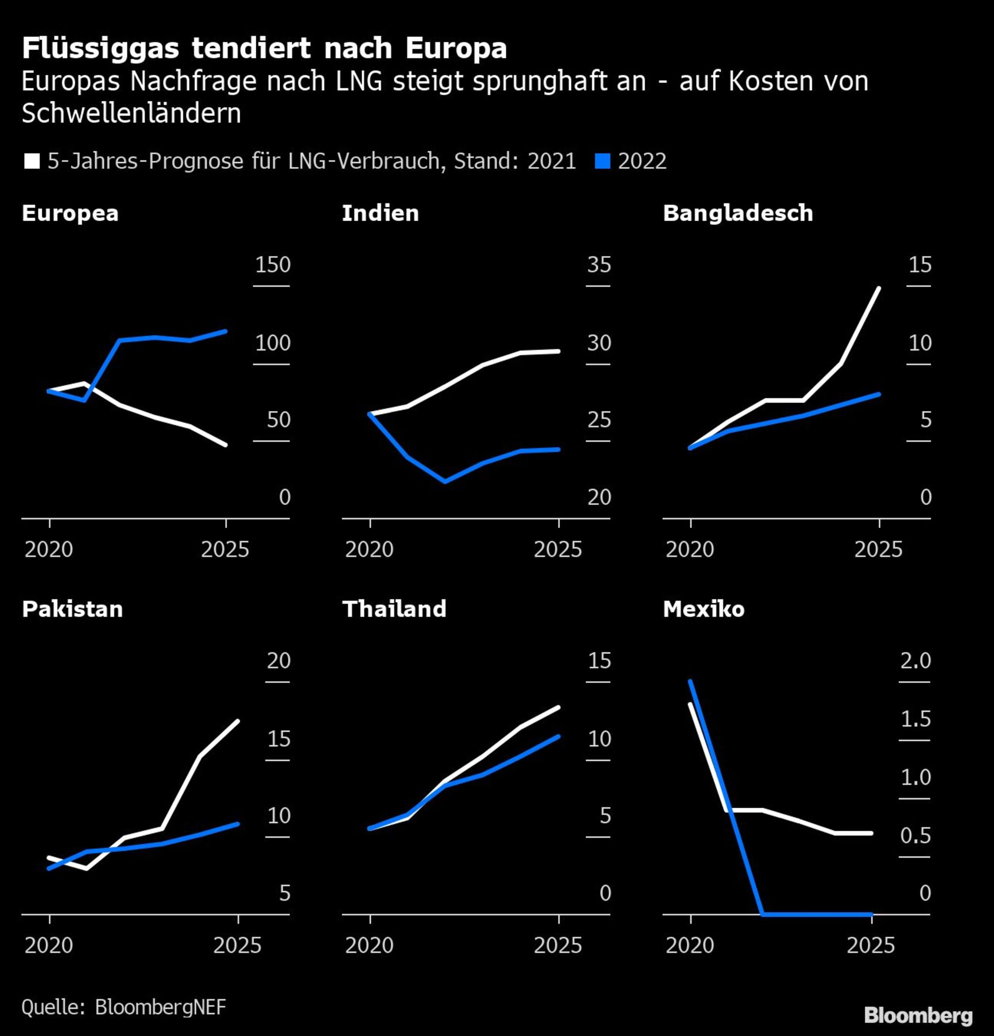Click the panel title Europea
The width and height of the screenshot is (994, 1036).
[70, 214]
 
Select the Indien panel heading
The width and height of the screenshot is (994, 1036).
[381, 214]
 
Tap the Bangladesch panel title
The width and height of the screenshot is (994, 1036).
[738, 214]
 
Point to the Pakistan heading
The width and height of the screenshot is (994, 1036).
[72, 610]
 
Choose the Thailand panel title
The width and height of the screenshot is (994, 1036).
[394, 610]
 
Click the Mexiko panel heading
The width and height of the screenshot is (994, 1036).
[703, 610]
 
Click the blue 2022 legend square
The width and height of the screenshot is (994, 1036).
[602, 161]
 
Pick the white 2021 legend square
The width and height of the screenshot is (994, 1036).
[32, 161]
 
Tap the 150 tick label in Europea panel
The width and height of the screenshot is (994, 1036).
[273, 265]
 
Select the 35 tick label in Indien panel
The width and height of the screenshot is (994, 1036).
[599, 265]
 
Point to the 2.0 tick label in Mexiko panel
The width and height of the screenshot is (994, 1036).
[915, 661]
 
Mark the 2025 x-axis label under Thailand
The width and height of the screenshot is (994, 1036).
[558, 946]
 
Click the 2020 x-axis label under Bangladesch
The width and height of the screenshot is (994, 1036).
[690, 550]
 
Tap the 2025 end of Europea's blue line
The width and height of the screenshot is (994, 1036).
[226, 331]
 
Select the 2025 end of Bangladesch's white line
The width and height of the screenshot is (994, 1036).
[879, 288]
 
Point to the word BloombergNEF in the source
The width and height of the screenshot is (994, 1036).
[161, 1007]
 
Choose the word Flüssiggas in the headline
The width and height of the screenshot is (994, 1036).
[100, 49]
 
